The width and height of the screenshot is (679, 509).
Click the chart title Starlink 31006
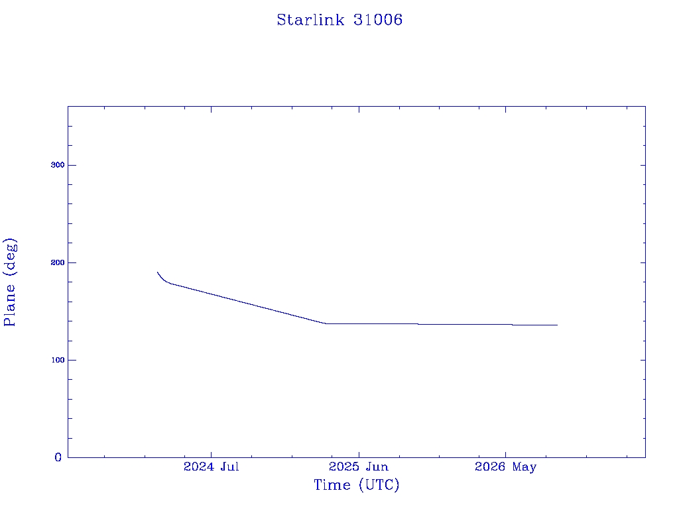(339, 20)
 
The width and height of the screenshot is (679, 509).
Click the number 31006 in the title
(377, 20)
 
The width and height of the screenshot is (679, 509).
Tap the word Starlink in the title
(310, 20)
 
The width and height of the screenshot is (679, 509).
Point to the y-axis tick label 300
(58, 165)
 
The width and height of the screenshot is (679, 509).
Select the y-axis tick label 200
(58, 262)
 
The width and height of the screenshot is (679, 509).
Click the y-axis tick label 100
(58, 360)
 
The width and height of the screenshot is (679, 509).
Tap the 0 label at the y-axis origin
(58, 457)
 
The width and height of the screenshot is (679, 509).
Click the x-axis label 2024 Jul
(212, 467)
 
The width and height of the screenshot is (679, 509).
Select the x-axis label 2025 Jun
(359, 467)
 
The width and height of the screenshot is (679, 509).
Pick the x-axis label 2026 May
(505, 467)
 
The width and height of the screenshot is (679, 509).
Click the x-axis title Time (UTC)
(356, 484)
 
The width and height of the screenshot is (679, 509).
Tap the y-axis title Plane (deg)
(9, 282)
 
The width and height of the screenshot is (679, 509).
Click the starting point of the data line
(158, 272)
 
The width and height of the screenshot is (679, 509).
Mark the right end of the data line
(557, 325)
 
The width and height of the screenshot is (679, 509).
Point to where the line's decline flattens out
(326, 323)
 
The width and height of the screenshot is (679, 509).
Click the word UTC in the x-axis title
(379, 484)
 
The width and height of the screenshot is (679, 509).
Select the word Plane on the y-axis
(9, 306)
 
